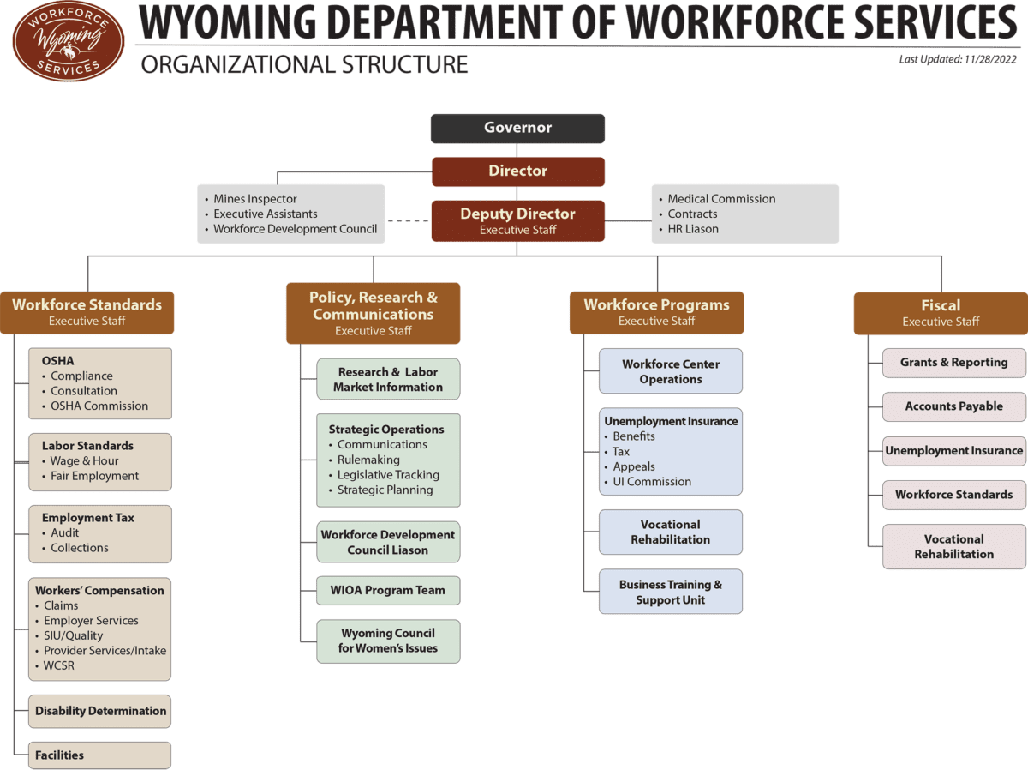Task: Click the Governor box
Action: coord(517,129)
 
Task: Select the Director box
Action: coord(518,171)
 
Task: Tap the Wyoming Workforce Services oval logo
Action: coord(69,41)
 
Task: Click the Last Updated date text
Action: coord(957,59)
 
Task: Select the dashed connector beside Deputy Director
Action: coord(408,220)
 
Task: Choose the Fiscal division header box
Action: coord(941,313)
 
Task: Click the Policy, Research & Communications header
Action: coord(374,313)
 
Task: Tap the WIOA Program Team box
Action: coord(388,591)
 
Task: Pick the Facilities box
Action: coord(99,755)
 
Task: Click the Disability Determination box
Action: coord(99,711)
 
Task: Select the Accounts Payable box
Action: coord(954,406)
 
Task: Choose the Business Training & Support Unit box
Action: coord(671,592)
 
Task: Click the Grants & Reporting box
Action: coord(954,363)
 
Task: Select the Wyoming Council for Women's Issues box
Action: coord(388,641)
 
